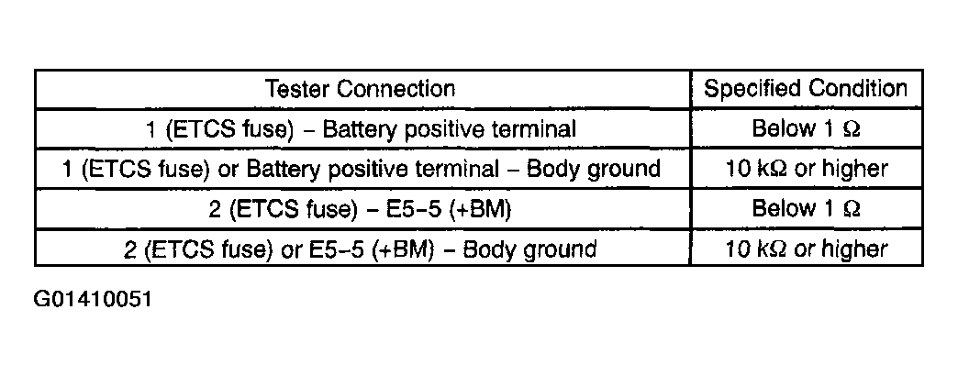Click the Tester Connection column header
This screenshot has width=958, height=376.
coord(361,89)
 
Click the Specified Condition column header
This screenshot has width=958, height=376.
coord(806,89)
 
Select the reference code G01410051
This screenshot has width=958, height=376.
coord(93,300)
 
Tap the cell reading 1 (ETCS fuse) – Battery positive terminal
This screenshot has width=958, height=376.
coord(361,129)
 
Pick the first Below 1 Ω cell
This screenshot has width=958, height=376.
coord(806,128)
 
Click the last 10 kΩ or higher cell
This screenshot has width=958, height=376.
coord(806,249)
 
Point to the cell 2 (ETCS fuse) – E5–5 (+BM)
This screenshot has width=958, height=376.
coord(361,209)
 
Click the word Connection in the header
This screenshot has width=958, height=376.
coord(396,89)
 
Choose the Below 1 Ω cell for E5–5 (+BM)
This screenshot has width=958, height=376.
coord(806,209)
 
